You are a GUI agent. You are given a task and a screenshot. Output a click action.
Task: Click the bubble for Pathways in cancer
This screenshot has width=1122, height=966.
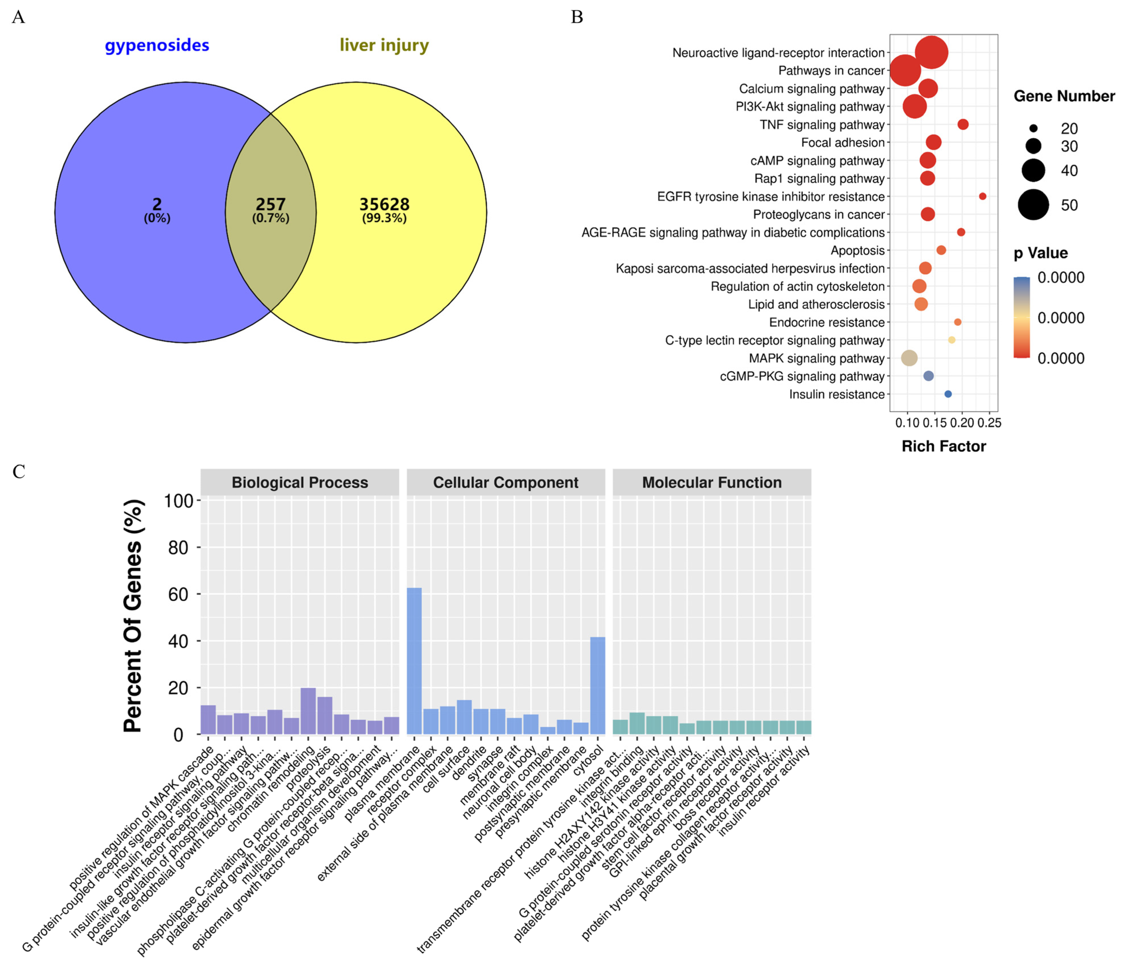point(905,71)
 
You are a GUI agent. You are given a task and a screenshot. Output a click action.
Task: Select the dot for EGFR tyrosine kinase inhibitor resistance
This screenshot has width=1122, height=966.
point(982,196)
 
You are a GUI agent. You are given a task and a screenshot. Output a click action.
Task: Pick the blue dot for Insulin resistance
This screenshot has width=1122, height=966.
point(948,394)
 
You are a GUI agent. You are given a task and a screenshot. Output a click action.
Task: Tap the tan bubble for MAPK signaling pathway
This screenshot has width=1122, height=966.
point(909,358)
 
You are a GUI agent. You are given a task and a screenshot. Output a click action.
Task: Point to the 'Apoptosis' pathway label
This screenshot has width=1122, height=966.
point(857,250)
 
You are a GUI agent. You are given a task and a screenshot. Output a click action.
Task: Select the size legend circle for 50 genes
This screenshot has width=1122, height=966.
point(1033,205)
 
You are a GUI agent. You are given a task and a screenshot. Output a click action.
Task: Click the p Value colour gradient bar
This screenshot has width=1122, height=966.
point(1021,318)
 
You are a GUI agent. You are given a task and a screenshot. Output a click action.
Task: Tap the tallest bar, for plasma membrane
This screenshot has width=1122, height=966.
point(414,661)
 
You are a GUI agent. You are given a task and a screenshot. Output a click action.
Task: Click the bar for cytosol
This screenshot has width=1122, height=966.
point(597,685)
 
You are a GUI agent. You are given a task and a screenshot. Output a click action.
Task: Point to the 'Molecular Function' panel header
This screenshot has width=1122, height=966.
point(712,482)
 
